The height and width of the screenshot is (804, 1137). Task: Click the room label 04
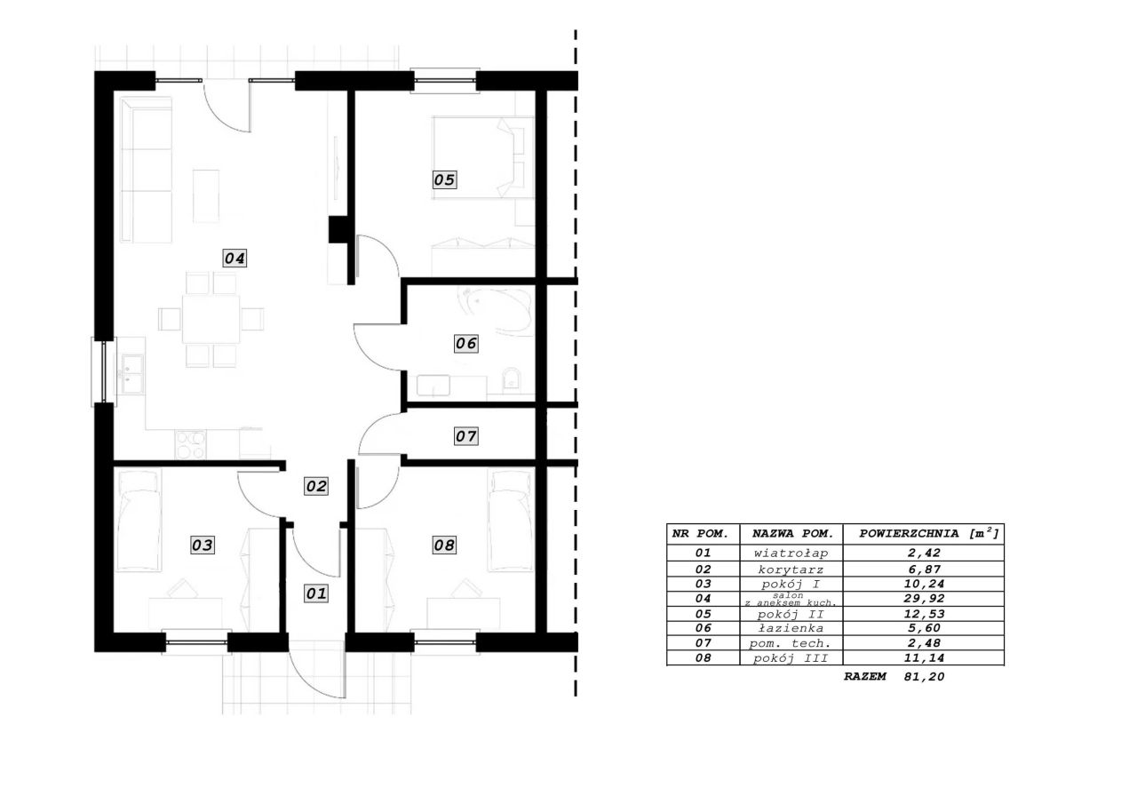(x=235, y=259)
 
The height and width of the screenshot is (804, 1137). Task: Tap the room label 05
(x=445, y=179)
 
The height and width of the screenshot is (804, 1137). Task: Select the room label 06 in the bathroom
(x=466, y=344)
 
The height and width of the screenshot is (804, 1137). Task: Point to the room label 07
(x=466, y=436)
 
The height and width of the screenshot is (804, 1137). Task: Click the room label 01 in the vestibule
(x=316, y=593)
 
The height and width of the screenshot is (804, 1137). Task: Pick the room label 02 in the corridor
(x=316, y=486)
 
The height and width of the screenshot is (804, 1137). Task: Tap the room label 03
(x=203, y=545)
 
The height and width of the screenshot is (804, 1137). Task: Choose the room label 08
(x=445, y=545)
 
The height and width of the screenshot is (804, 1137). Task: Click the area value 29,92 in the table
(x=924, y=599)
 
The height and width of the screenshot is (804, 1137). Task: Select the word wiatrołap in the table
(x=791, y=553)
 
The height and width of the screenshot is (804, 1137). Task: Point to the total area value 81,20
(x=924, y=677)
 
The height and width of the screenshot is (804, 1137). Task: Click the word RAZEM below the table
(x=865, y=677)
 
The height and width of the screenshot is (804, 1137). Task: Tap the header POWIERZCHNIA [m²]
(x=929, y=533)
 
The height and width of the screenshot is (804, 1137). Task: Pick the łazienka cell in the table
(x=791, y=628)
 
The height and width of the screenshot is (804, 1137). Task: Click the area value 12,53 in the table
(x=924, y=614)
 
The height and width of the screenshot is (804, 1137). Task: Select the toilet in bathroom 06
(x=512, y=379)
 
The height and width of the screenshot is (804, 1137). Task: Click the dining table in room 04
(x=211, y=319)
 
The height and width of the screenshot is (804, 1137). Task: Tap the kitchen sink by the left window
(x=132, y=374)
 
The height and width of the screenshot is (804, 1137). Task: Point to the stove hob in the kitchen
(x=190, y=444)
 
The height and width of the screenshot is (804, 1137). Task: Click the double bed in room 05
(x=482, y=157)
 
